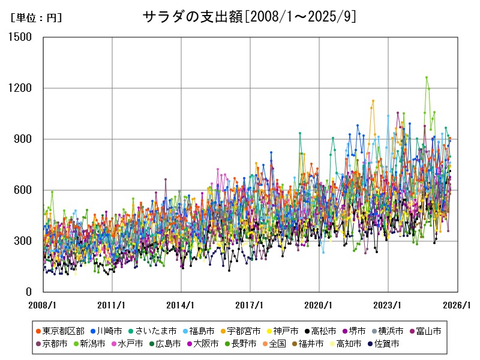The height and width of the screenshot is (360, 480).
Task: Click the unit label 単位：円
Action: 36,18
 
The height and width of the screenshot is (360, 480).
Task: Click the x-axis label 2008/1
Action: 43,305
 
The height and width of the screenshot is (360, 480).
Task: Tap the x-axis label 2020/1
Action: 319,305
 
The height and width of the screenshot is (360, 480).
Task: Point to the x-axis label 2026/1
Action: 457,305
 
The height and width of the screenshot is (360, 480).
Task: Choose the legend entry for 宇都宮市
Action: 241,331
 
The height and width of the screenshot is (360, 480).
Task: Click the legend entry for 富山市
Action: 428,331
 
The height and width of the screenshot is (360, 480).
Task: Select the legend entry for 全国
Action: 277,344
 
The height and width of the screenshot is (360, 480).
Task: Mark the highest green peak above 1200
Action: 427,77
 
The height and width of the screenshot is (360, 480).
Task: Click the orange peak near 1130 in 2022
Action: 373,101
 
